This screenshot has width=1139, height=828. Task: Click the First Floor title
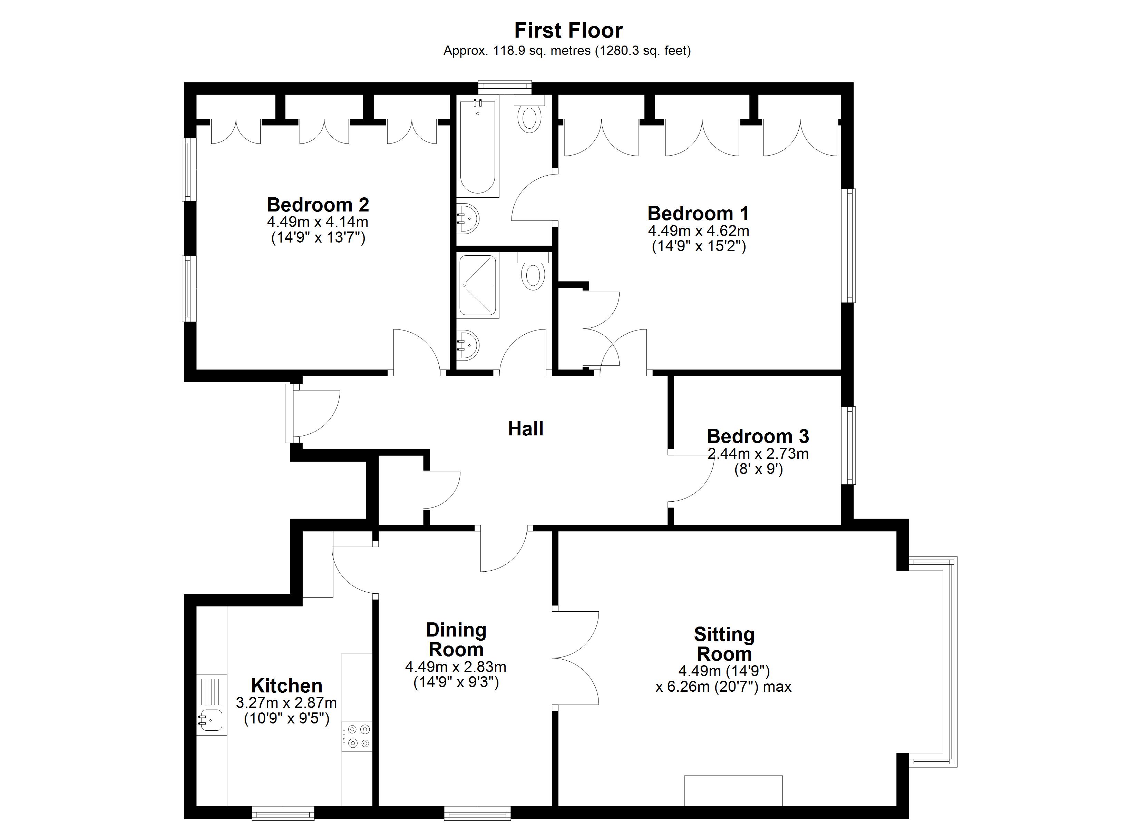[x=568, y=31]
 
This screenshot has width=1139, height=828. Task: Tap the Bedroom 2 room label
[x=318, y=205]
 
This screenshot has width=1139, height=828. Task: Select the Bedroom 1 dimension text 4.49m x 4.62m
[x=699, y=231]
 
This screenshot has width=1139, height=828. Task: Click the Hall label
[x=526, y=429]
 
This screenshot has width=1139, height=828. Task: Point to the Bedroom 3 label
[x=758, y=436]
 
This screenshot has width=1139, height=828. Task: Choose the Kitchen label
[x=287, y=686]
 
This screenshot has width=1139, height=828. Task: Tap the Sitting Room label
[x=724, y=644]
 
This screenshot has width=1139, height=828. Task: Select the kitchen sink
[x=211, y=720]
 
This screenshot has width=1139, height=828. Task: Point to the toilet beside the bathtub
[x=530, y=114]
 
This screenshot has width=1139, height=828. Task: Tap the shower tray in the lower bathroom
[x=478, y=285]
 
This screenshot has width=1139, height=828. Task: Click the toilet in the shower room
[x=533, y=272]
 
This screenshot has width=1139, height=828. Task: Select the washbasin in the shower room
[x=468, y=345]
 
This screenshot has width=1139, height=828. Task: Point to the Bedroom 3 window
[x=849, y=445]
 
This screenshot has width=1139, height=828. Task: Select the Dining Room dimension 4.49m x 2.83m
[x=456, y=667]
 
